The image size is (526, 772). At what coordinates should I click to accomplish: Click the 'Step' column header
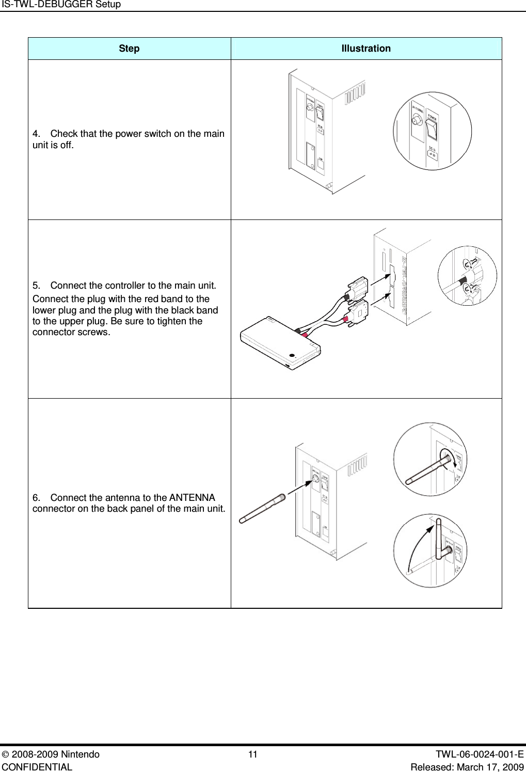[129, 49]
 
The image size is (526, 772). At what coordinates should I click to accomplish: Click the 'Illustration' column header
[366, 49]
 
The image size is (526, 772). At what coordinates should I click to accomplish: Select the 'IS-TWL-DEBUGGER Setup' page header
[60, 5]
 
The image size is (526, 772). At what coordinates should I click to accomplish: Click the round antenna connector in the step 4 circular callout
[416, 122]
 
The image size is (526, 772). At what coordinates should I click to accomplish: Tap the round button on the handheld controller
[293, 355]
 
